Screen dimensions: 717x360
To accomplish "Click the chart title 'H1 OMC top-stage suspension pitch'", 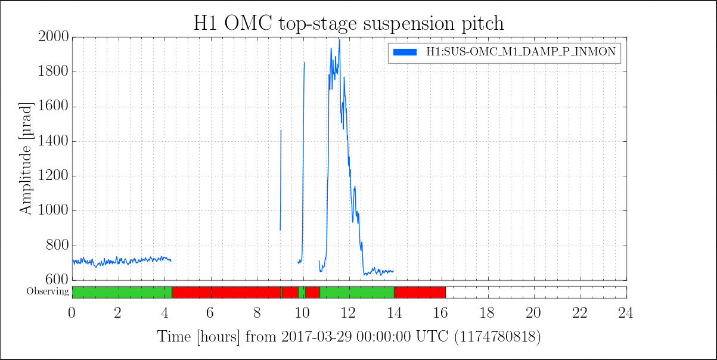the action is click(349, 24).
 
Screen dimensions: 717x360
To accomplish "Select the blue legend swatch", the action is click(405, 52).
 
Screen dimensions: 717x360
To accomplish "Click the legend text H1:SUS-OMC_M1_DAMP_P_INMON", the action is click(521, 52).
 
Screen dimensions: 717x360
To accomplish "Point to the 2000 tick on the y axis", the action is click(54, 36).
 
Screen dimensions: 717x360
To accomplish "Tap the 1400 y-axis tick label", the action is click(54, 141).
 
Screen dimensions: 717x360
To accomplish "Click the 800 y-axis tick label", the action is click(57, 245).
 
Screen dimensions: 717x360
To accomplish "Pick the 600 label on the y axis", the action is click(57, 280).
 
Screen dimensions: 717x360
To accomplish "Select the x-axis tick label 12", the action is click(348, 313).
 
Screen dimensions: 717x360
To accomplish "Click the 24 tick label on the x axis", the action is click(625, 313).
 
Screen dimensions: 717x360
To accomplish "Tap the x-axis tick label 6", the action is click(210, 313).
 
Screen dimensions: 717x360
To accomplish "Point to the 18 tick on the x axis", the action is click(487, 313).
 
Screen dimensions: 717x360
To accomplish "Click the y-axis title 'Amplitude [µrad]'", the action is click(26, 159).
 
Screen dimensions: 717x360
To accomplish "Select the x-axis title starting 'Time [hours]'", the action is click(349, 337).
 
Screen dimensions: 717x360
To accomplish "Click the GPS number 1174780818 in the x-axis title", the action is click(498, 337).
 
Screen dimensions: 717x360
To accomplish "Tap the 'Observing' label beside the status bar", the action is click(48, 291).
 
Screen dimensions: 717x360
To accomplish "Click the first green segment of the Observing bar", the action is click(122, 293).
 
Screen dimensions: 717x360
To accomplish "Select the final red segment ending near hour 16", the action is click(420, 293).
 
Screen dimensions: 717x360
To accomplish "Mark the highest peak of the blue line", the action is click(340, 40).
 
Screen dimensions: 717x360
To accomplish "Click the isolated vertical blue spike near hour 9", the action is click(281, 180).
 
